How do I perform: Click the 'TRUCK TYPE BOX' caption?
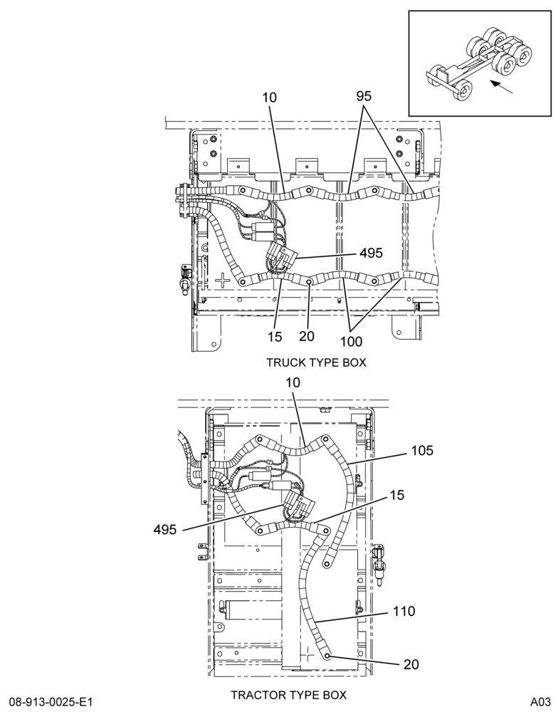pos(315,362)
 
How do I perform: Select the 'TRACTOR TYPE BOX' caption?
pos(289,695)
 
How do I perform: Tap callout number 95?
pos(364,96)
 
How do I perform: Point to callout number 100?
pos(352,341)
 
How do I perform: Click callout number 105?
pos(422,451)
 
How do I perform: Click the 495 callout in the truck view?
pos(372,253)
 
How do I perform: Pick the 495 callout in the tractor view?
pos(165,530)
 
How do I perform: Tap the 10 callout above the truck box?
pos(269,97)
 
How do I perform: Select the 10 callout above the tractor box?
pos(293,383)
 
